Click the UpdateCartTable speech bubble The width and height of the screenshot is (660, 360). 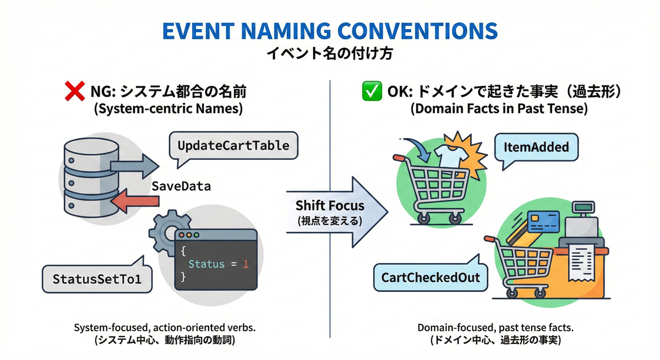(233, 145)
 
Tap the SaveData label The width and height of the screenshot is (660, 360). (181, 186)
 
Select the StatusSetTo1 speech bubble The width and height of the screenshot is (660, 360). (97, 279)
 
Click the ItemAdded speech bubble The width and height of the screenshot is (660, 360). (536, 147)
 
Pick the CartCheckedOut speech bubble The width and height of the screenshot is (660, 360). (430, 277)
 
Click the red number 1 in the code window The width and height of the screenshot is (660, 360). (245, 264)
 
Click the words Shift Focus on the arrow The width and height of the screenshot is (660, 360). (330, 205)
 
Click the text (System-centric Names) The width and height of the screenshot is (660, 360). (168, 109)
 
